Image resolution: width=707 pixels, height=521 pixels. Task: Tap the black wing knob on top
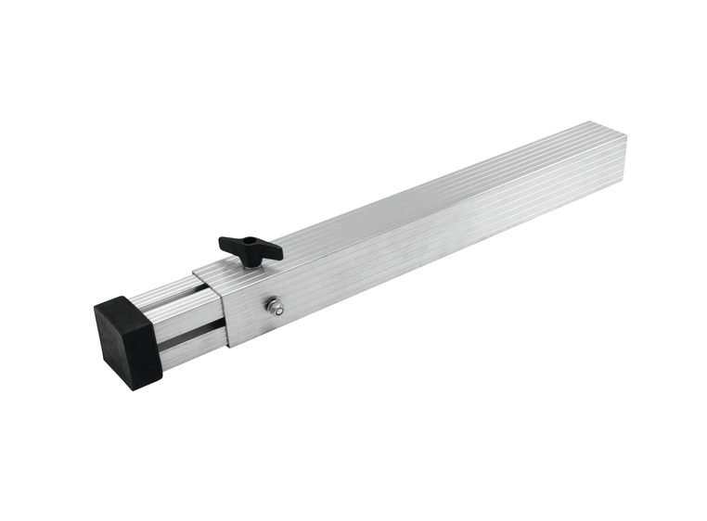pyautogui.click(x=250, y=248)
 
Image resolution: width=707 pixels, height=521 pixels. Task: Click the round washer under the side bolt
pyautogui.click(x=276, y=310)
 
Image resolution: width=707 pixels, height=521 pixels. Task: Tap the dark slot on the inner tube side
pyautogui.click(x=190, y=331)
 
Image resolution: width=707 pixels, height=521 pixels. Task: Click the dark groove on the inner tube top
pyautogui.click(x=176, y=295)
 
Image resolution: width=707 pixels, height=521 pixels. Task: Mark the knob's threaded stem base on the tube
pyautogui.click(x=251, y=264)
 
